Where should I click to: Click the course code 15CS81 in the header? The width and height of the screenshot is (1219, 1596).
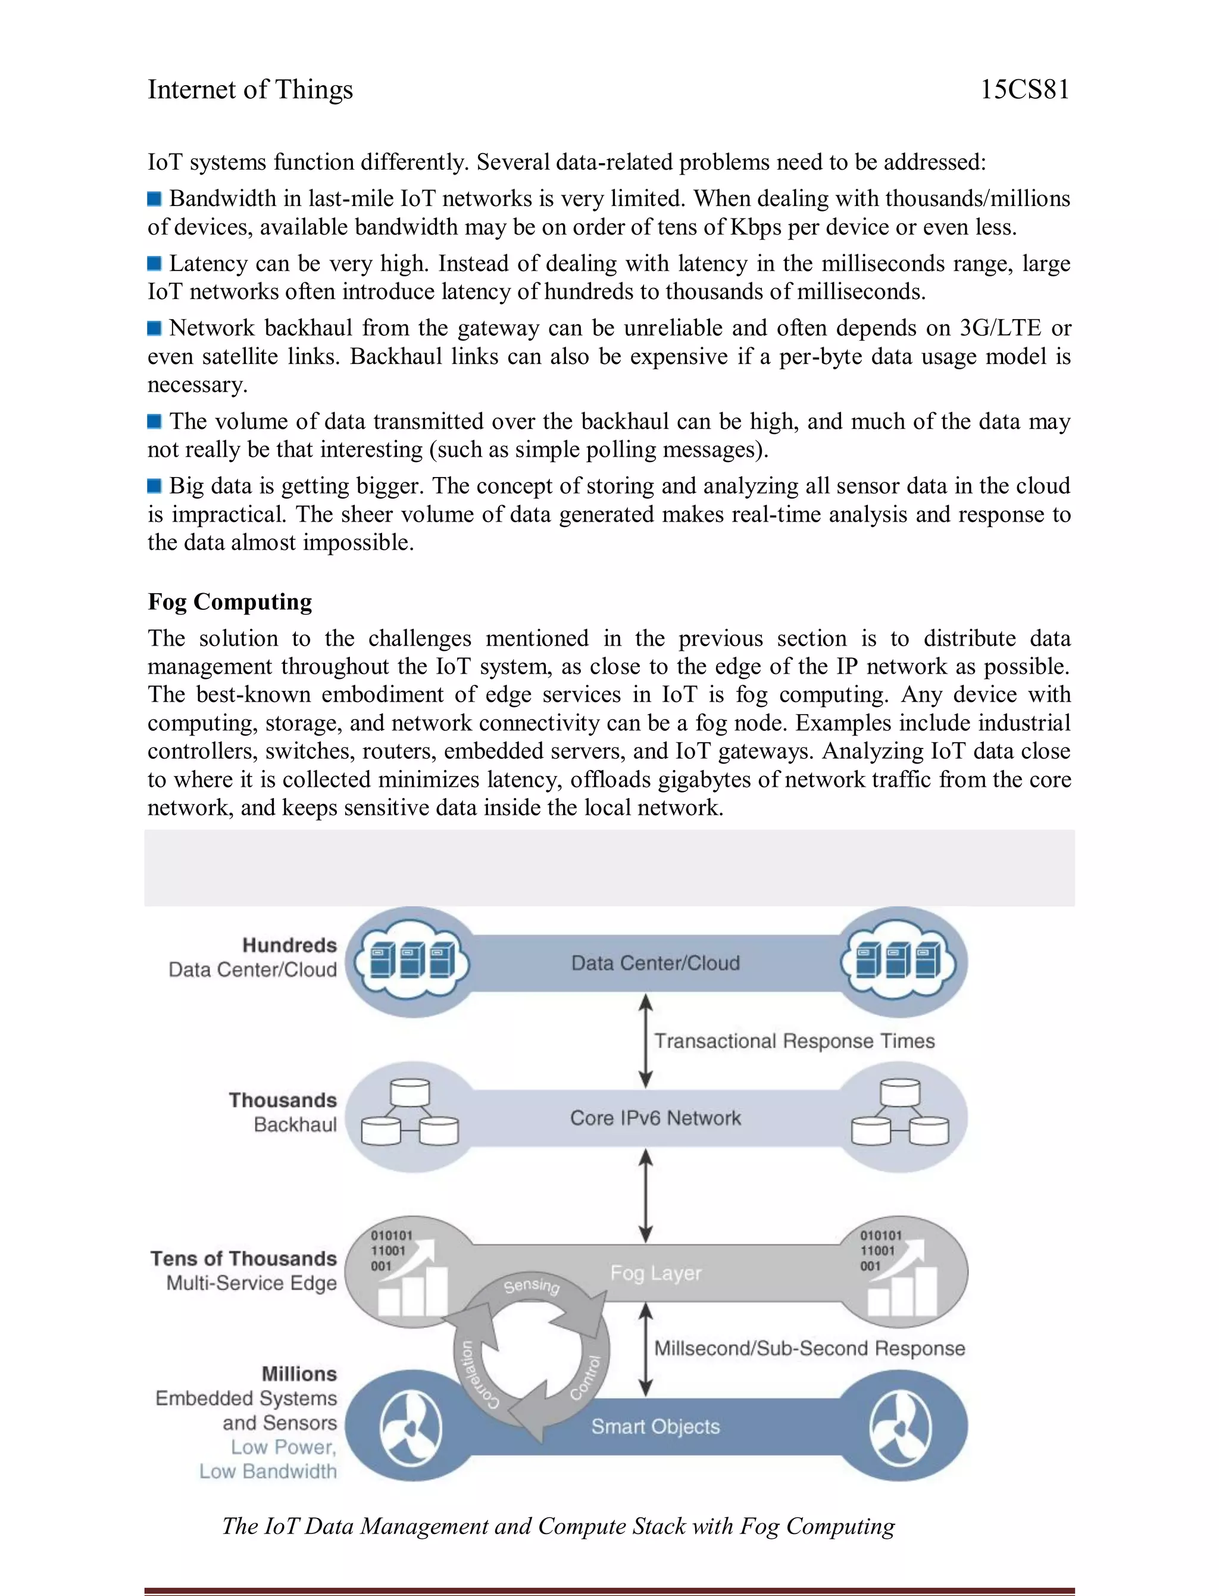1024,89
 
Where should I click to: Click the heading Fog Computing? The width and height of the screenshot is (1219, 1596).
230,601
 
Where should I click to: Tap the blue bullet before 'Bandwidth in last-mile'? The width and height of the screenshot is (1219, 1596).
154,199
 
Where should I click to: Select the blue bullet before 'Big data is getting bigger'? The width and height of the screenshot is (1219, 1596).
154,485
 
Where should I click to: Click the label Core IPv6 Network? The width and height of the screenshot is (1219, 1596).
655,1118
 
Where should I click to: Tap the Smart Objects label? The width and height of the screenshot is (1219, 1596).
655,1426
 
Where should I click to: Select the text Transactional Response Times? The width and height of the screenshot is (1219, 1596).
794,1041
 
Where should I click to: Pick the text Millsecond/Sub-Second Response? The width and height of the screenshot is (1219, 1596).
809,1348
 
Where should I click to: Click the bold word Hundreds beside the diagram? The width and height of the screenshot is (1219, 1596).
289,945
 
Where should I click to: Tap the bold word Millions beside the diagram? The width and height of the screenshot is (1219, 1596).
299,1373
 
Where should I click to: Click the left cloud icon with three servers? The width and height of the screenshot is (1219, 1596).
411,961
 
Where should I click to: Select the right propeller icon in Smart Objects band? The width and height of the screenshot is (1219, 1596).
900,1427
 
